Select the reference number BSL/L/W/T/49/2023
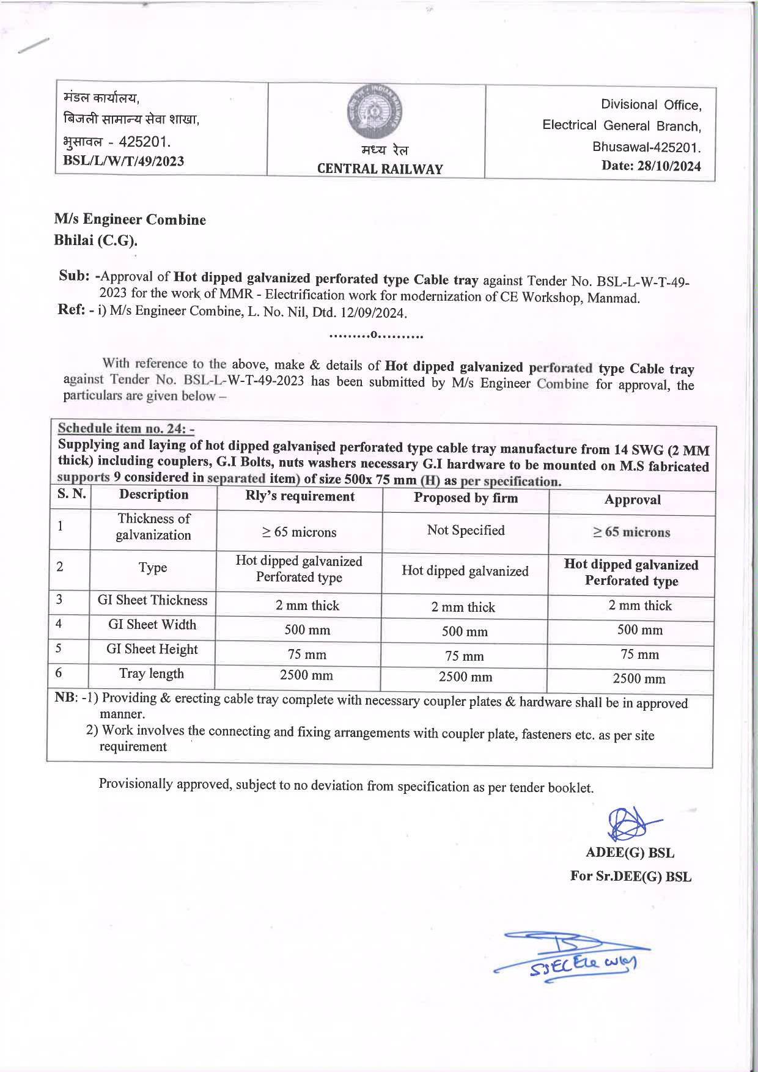[x=123, y=161]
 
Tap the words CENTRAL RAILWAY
[x=380, y=169]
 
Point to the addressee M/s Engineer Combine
[x=130, y=219]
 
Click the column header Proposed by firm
[x=465, y=498]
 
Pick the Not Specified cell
[x=466, y=530]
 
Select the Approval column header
[x=632, y=500]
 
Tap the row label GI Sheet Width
[x=152, y=625]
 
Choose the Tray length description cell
[x=152, y=674]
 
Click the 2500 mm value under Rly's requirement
[x=306, y=675]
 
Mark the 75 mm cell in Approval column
[x=639, y=655]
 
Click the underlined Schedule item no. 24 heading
[x=126, y=428]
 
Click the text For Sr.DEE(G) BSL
[x=630, y=876]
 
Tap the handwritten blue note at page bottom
[x=575, y=956]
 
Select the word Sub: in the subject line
[x=74, y=276]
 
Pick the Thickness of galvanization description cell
[x=153, y=527]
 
